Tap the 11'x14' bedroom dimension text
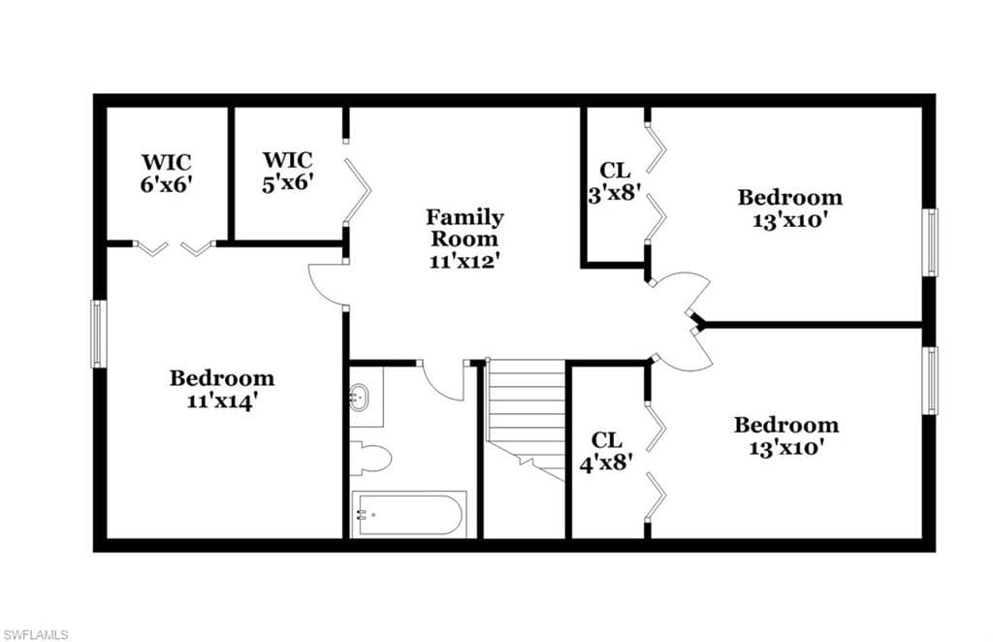(222, 401)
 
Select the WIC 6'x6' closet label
(166, 173)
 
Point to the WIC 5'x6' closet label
(288, 171)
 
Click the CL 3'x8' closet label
(615, 181)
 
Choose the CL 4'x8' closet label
(607, 451)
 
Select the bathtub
(408, 514)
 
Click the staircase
(526, 419)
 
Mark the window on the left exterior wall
(97, 334)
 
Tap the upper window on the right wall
(930, 242)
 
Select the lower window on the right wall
(930, 380)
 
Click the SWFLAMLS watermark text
(35, 634)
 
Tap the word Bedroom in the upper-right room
(789, 197)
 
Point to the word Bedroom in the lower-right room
(785, 424)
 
